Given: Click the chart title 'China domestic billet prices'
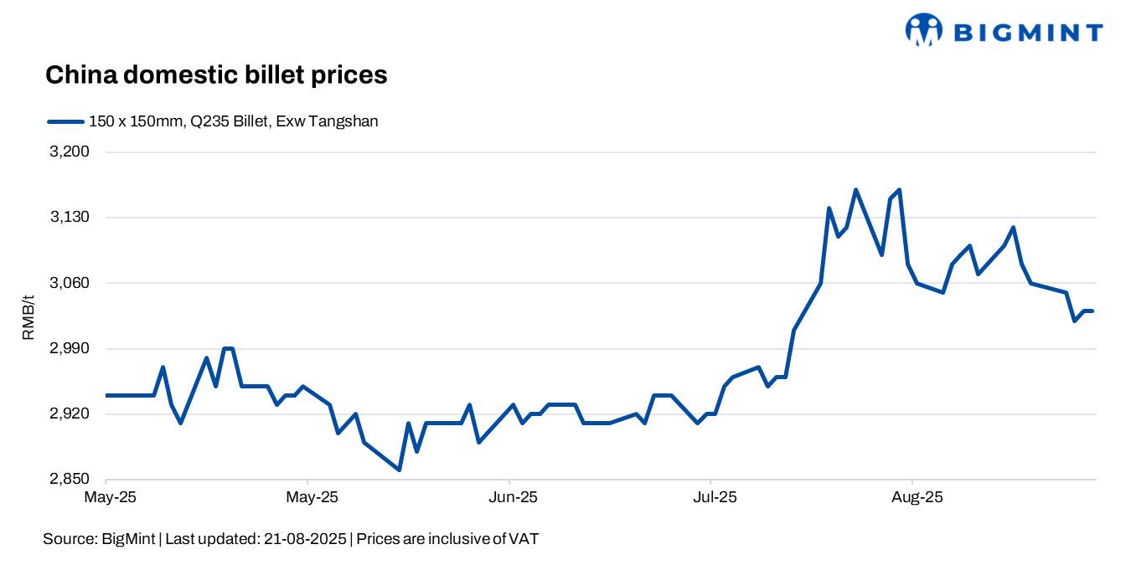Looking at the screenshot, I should click(216, 75).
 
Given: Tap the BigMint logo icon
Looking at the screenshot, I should click(923, 30).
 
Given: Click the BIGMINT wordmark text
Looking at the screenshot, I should click(1029, 33).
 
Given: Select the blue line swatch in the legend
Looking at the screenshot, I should click(65, 121).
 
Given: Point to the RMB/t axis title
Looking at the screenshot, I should click(28, 316).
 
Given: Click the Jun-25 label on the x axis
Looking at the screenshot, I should click(513, 497).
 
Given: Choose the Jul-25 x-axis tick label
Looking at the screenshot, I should click(715, 497).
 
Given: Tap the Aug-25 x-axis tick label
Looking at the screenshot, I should click(917, 497).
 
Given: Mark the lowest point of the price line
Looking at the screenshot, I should click(399, 470).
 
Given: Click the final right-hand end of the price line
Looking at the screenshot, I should click(1092, 311).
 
